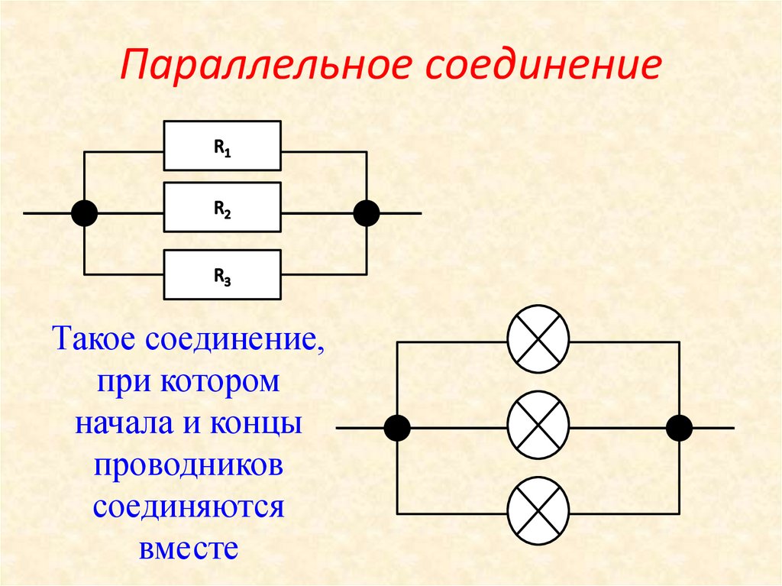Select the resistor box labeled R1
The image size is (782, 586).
(x=222, y=146)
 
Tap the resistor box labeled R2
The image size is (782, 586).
(x=222, y=207)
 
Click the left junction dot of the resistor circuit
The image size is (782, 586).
(x=84, y=213)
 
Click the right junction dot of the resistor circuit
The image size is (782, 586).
(x=367, y=213)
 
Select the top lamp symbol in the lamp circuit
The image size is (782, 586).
(x=538, y=339)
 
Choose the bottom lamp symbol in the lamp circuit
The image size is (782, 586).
(x=538, y=510)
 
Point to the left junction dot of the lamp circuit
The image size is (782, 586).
(x=397, y=428)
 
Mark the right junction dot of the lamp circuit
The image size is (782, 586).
(x=679, y=428)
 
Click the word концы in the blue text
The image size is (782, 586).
(x=257, y=423)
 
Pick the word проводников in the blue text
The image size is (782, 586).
(x=189, y=465)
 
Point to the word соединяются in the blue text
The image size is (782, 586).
(x=189, y=507)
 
